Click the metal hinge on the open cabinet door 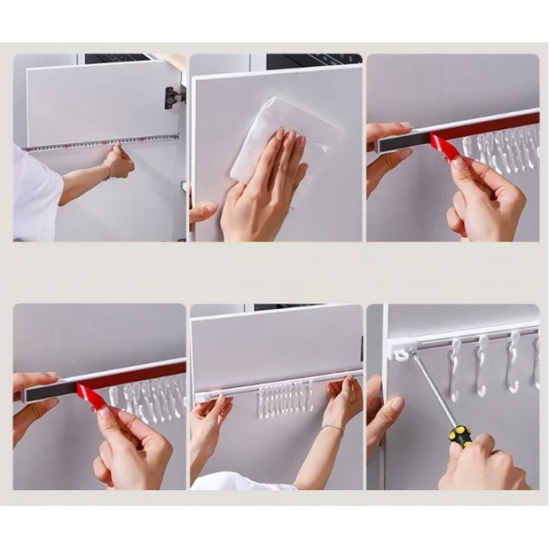(173, 97)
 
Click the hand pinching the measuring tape (119, 162)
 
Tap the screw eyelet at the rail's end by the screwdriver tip (401, 354)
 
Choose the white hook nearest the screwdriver (454, 367)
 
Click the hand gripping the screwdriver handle (478, 463)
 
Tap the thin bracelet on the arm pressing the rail (333, 428)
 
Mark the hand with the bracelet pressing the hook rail (343, 400)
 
